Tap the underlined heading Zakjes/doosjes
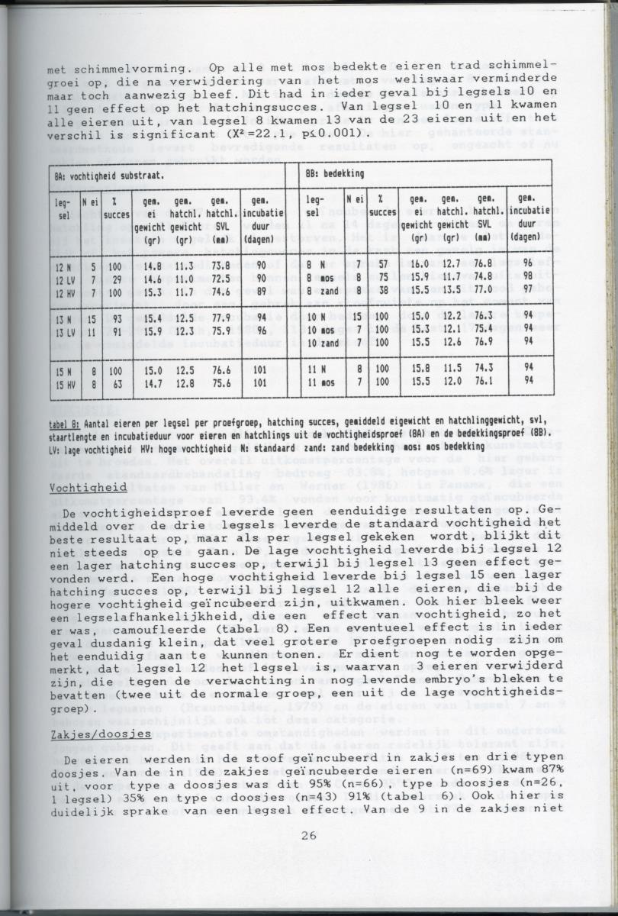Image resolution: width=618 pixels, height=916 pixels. (x=85, y=734)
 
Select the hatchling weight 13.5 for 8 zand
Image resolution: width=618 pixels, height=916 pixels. (x=449, y=292)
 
